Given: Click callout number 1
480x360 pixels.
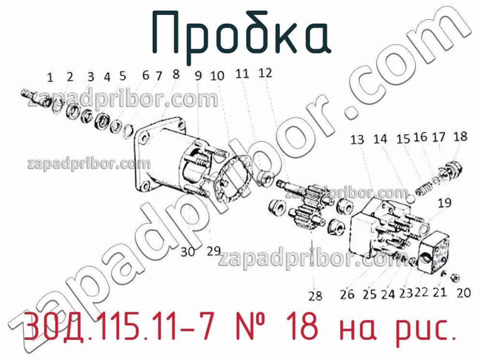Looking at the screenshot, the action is click(50, 78).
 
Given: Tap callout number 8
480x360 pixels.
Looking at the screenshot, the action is click(176, 74).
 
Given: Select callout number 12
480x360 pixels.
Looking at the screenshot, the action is click(265, 73).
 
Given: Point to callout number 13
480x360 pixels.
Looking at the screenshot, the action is click(357, 140).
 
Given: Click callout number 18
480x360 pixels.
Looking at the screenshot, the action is click(461, 136).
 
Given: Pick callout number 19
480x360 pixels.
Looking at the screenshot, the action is click(445, 203).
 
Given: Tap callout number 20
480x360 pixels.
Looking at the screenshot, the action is click(464, 293).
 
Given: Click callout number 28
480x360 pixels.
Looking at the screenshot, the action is click(315, 296).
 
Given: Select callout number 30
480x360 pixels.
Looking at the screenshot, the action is click(188, 252).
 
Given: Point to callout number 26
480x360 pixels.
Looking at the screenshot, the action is click(347, 294).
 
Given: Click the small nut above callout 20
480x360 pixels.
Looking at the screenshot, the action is click(455, 277).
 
